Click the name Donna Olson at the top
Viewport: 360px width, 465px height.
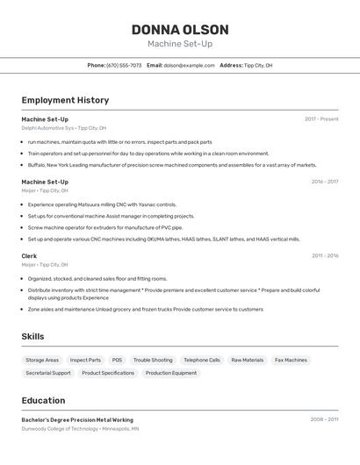(x=180, y=29)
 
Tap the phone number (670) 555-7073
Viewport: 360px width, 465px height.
(x=124, y=65)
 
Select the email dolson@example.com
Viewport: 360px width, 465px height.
(x=189, y=65)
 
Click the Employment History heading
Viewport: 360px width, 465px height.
(x=65, y=100)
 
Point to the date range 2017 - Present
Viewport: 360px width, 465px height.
(x=321, y=119)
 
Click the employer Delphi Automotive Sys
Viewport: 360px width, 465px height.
(x=47, y=128)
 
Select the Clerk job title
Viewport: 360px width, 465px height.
(x=29, y=255)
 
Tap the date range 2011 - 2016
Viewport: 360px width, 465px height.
(x=325, y=255)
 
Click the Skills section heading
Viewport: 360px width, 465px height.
(x=32, y=336)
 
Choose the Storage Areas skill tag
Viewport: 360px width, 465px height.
(x=42, y=360)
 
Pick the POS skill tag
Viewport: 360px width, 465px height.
(x=117, y=360)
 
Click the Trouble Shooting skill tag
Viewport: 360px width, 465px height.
(x=153, y=360)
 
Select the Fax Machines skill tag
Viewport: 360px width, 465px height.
(x=291, y=360)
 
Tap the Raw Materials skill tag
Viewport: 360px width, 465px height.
(x=247, y=360)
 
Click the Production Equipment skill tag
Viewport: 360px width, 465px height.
(x=171, y=373)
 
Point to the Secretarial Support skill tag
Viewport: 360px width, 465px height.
(x=48, y=373)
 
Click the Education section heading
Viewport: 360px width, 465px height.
(x=43, y=400)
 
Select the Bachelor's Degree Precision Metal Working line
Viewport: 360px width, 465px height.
(x=77, y=419)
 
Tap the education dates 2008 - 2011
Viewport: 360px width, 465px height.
(x=324, y=419)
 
